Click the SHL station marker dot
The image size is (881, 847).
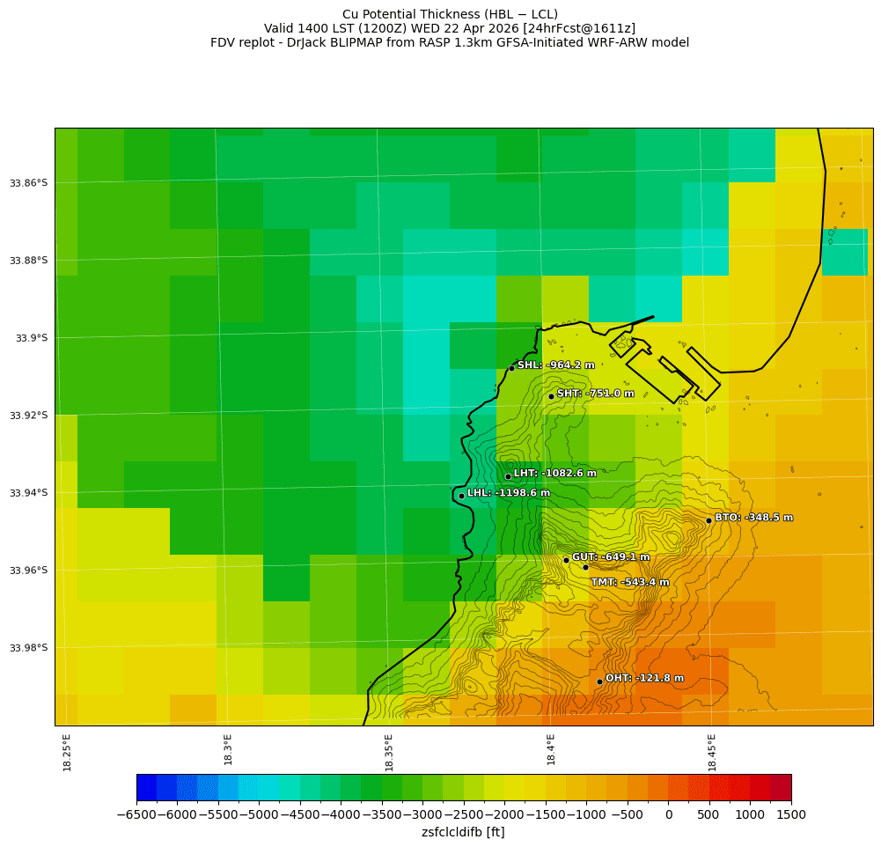point(511,368)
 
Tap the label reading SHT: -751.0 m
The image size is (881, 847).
point(595,394)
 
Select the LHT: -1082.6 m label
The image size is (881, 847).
point(554,474)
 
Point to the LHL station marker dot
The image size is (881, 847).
point(461,496)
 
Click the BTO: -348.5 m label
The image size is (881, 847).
point(753,518)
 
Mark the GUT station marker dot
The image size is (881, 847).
point(566,560)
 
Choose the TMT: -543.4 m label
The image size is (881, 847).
point(629,582)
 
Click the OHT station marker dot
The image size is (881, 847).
point(599,681)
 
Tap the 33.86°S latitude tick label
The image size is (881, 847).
point(28,183)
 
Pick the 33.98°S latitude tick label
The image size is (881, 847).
point(28,648)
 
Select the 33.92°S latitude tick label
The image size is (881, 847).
point(28,416)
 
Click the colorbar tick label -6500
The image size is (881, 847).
point(136,815)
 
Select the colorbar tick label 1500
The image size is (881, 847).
point(791,815)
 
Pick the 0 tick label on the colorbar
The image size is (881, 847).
point(669,815)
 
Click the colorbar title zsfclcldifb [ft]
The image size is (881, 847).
point(463,832)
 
